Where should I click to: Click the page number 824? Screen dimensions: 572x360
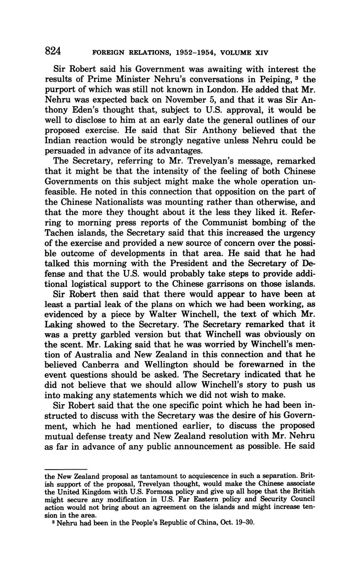[53, 51]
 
